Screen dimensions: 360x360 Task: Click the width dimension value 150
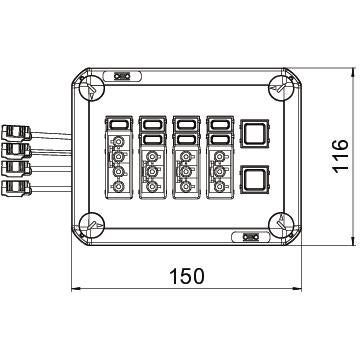[x=187, y=276]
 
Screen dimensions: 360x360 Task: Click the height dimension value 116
[x=340, y=156]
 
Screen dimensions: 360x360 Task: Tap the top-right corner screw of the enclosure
[x=281, y=88]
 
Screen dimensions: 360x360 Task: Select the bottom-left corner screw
[x=92, y=225]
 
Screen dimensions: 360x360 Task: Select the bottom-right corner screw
[x=281, y=225]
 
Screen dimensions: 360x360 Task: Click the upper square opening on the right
[x=255, y=132]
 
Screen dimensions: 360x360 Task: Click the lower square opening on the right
[x=255, y=179]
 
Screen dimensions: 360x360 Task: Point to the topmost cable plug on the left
[x=16, y=132]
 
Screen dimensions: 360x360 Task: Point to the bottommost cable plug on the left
[x=16, y=188]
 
